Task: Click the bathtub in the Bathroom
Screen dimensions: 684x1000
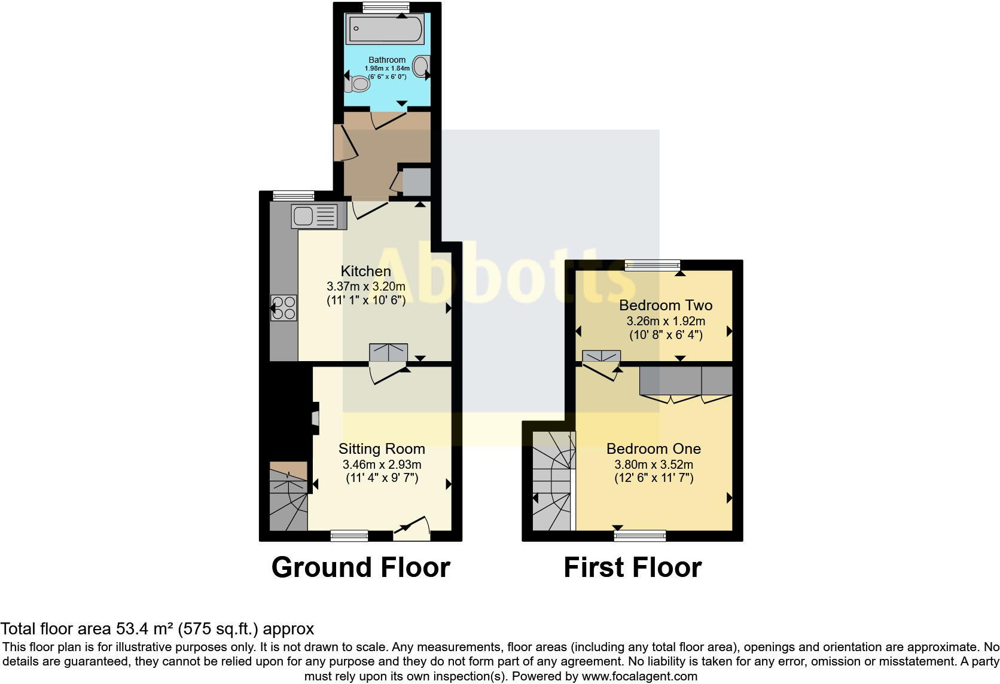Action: pyautogui.click(x=385, y=29)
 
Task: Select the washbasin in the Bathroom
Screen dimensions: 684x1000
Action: pyautogui.click(x=422, y=66)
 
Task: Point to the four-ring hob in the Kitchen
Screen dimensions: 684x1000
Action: pyautogui.click(x=283, y=309)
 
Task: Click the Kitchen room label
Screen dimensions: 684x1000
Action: pyautogui.click(x=365, y=271)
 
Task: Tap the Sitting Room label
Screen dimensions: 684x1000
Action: pyautogui.click(x=382, y=448)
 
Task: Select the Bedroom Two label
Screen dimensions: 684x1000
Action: pyautogui.click(x=665, y=305)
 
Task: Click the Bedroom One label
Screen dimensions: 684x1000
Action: pyautogui.click(x=653, y=448)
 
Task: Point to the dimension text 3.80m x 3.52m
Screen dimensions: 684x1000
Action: pyautogui.click(x=653, y=465)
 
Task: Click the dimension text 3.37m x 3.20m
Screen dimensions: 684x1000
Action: pyautogui.click(x=365, y=286)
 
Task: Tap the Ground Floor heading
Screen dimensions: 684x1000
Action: pyautogui.click(x=360, y=567)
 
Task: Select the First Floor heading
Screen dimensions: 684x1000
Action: pyautogui.click(x=632, y=567)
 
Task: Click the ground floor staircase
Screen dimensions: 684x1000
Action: pyautogui.click(x=288, y=502)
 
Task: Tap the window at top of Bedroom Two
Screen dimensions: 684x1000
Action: pyautogui.click(x=653, y=265)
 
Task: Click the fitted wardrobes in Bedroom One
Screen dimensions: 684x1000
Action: pyautogui.click(x=686, y=381)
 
